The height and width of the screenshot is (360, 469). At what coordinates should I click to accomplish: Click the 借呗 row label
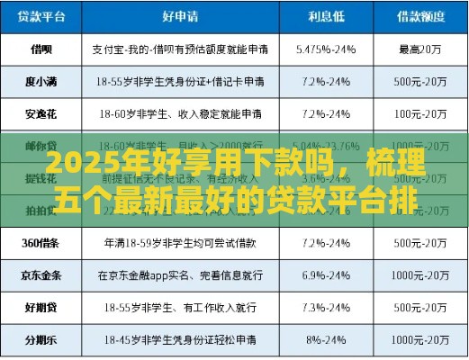(x=41, y=48)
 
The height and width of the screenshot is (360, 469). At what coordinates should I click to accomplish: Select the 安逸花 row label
(x=41, y=114)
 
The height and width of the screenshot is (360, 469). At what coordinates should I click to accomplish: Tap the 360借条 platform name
(x=41, y=242)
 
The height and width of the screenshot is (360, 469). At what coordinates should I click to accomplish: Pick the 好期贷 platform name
(x=41, y=307)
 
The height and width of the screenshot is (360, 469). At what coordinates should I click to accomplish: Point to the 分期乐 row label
(x=41, y=340)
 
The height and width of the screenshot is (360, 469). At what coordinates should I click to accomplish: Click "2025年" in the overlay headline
(x=77, y=166)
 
